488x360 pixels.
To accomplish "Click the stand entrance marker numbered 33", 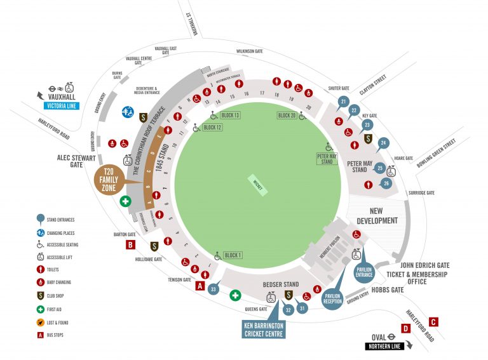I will coord(213,290).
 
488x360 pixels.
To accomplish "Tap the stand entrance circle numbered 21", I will coord(343,102).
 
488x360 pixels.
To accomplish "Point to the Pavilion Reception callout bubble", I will coord(333,297).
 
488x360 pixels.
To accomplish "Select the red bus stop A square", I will coord(200,286).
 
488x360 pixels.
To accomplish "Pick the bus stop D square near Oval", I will coord(405,329).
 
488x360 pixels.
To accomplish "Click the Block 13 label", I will coord(229,115).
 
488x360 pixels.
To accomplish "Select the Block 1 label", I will coord(233,256).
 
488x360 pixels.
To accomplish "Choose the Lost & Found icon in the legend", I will coord(40,323).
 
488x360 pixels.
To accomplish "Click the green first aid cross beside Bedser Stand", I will coord(234,295).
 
